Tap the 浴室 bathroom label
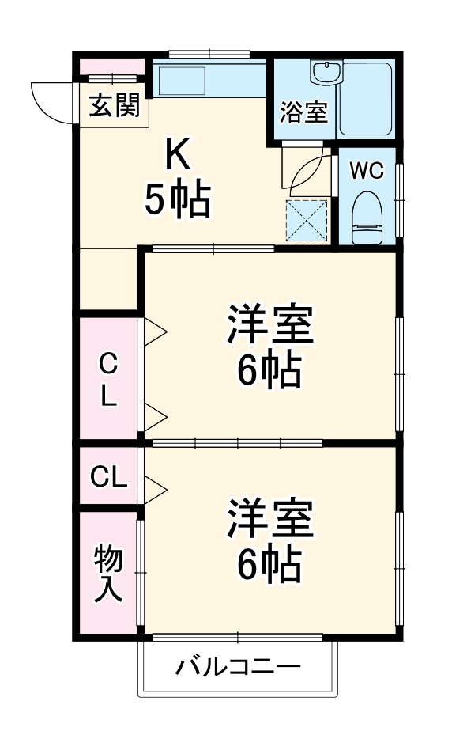(303, 112)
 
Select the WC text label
(367, 170)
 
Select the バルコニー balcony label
(238, 668)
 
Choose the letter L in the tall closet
(108, 396)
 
